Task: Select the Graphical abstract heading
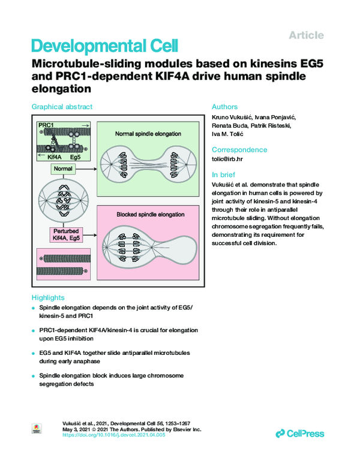coord(62,106)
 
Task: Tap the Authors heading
coord(226,106)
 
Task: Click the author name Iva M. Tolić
coord(232,134)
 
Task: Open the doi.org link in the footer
coord(115,435)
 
